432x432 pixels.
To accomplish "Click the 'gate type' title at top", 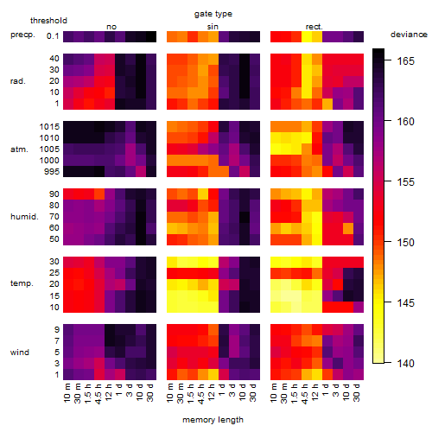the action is (x=213, y=14).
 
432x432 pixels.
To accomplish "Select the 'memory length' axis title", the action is (x=213, y=420).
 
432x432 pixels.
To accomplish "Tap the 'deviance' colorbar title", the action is (x=409, y=35).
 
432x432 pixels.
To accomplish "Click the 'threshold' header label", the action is (x=48, y=21).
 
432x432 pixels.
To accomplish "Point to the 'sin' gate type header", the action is (x=213, y=27).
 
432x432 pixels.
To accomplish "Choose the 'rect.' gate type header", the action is (x=314, y=27).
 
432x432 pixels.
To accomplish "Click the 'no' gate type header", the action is (x=111, y=27).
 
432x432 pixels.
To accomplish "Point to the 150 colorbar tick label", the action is (x=405, y=243).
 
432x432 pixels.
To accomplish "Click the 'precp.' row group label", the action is (x=22, y=35).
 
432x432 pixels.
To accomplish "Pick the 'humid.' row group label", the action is (x=24, y=217).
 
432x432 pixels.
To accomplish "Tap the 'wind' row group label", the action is (x=20, y=353).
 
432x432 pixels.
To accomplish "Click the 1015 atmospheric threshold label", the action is (x=49, y=127).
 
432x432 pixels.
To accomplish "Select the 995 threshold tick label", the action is (x=52, y=172).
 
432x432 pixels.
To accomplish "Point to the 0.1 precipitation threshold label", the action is (x=53, y=36).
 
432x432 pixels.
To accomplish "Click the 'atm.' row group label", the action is (x=19, y=149).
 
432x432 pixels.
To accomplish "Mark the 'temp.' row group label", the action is (x=22, y=283).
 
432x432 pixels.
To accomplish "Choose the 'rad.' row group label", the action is (x=18, y=81).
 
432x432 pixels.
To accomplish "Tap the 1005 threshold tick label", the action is (x=49, y=149).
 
